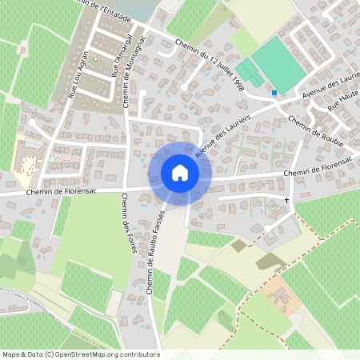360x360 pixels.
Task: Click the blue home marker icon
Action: (179, 172)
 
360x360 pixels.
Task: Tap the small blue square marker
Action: (274, 93)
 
